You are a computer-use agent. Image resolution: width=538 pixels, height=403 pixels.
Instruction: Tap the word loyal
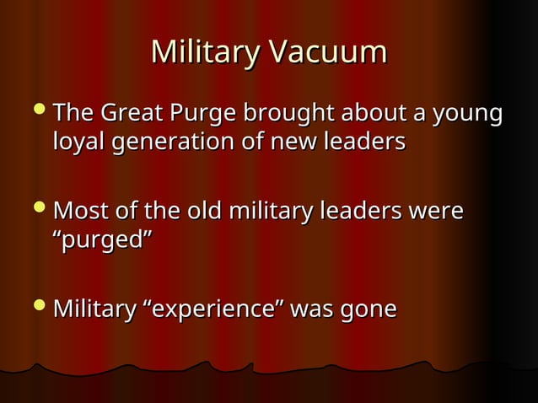(81, 142)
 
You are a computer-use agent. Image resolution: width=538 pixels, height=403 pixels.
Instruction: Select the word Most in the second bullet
(79, 211)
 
